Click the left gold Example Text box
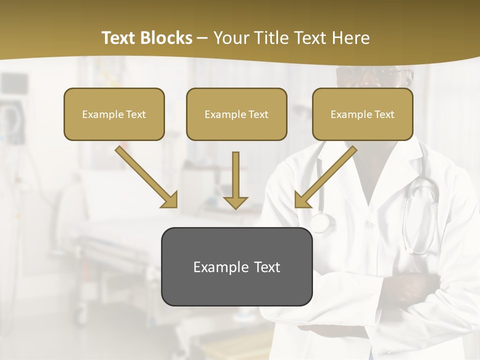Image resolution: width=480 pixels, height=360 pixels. (114, 114)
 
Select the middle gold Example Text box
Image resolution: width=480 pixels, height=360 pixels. (236, 114)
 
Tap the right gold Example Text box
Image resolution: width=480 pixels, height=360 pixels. (362, 114)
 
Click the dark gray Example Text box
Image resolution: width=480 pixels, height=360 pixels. (236, 266)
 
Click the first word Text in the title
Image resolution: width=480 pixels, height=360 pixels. (119, 38)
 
